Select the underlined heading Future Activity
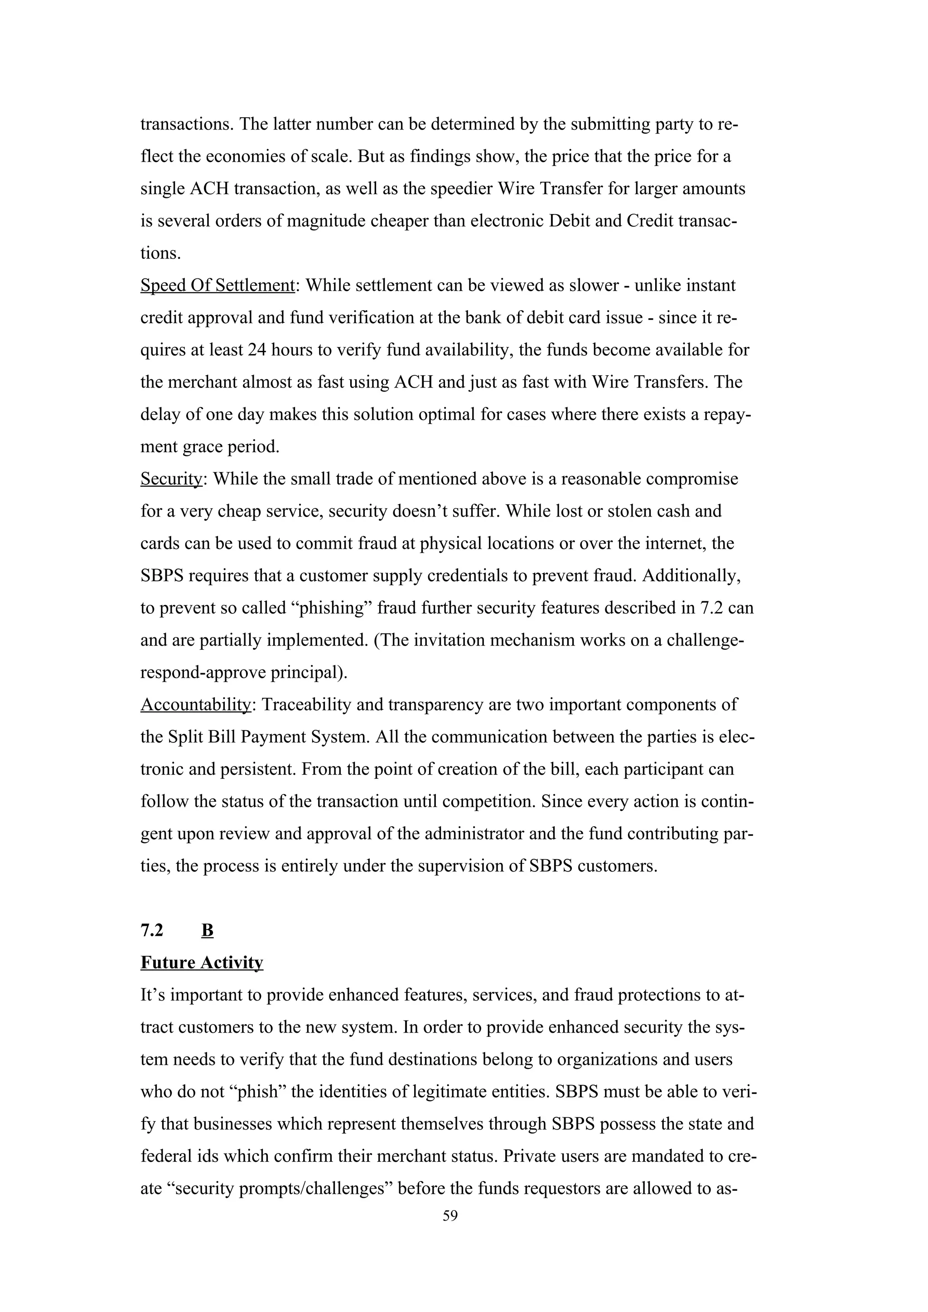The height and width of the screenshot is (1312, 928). (202, 963)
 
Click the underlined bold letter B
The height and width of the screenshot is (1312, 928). (208, 930)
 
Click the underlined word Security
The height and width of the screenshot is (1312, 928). (171, 479)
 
